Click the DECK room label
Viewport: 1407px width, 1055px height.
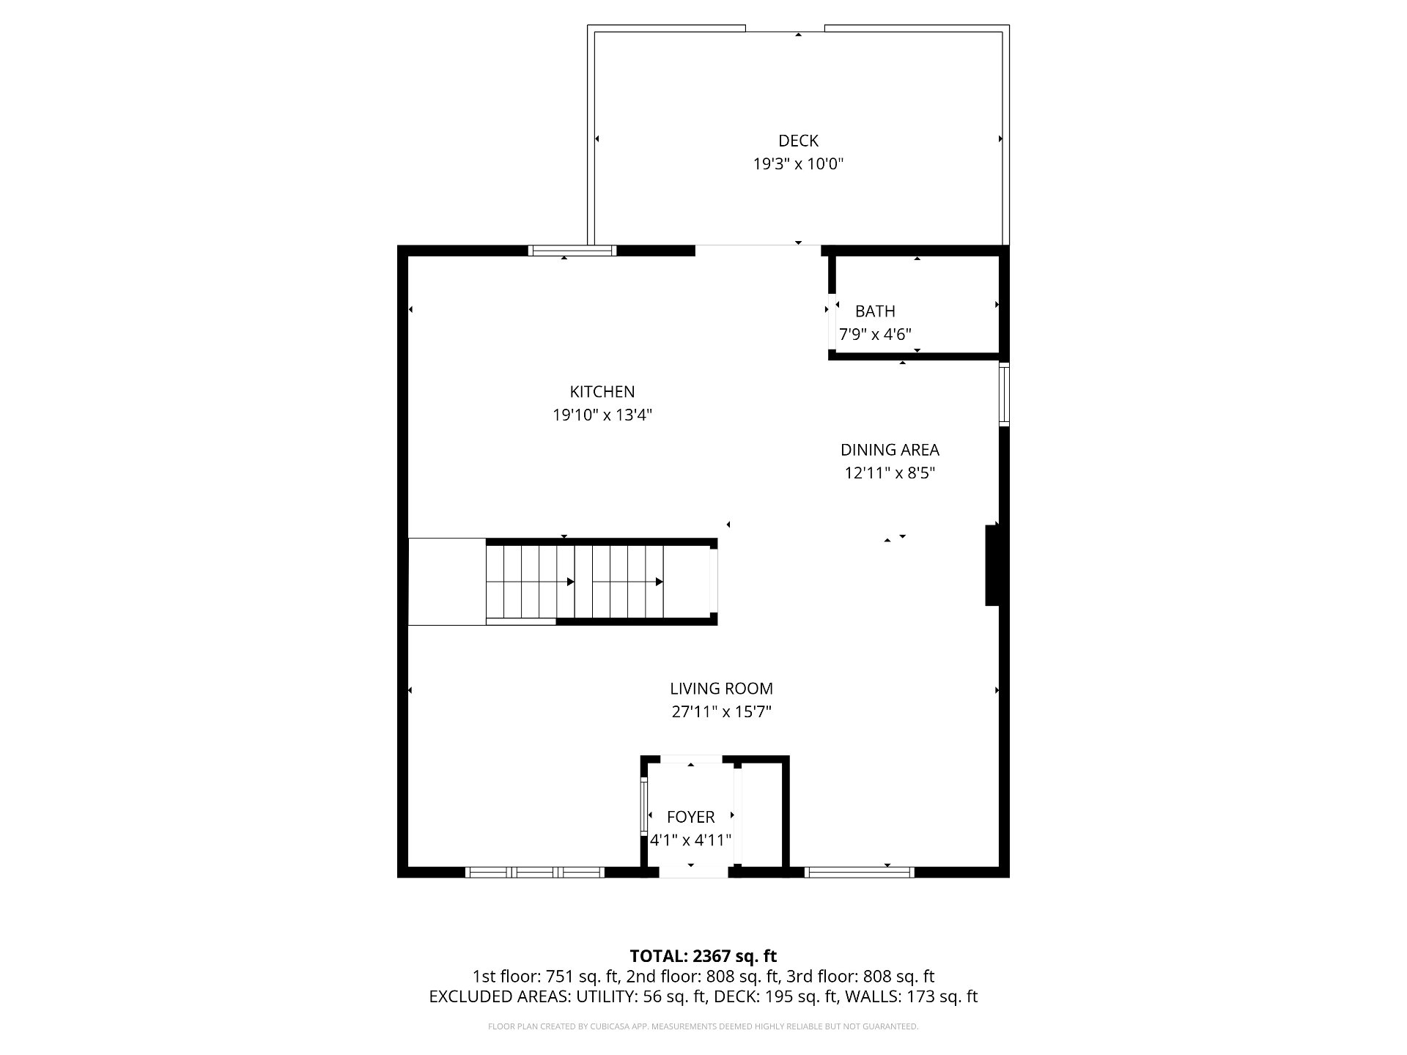tap(798, 141)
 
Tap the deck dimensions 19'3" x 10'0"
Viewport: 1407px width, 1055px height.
tap(798, 164)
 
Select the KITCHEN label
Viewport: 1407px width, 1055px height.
tap(602, 392)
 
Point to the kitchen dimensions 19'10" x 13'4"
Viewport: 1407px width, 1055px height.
tap(602, 415)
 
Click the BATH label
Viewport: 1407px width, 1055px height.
tap(875, 311)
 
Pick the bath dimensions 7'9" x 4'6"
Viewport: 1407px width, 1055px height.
tap(875, 335)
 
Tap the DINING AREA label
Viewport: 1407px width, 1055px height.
tap(890, 450)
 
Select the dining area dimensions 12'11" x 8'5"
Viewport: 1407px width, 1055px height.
tap(890, 473)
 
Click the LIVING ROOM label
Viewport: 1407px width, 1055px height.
tap(721, 689)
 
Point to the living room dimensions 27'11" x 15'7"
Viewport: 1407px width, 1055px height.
tap(721, 712)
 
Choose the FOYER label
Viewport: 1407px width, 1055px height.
tap(690, 817)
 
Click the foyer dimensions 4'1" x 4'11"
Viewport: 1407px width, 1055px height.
tap(690, 840)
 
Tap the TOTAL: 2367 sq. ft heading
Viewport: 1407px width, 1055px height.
tap(703, 956)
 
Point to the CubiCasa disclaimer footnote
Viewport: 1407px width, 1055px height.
tap(703, 1026)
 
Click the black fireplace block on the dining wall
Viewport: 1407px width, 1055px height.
tap(992, 566)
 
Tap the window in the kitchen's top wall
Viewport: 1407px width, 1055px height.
tap(572, 251)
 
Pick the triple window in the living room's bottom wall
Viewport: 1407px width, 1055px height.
tap(534, 872)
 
